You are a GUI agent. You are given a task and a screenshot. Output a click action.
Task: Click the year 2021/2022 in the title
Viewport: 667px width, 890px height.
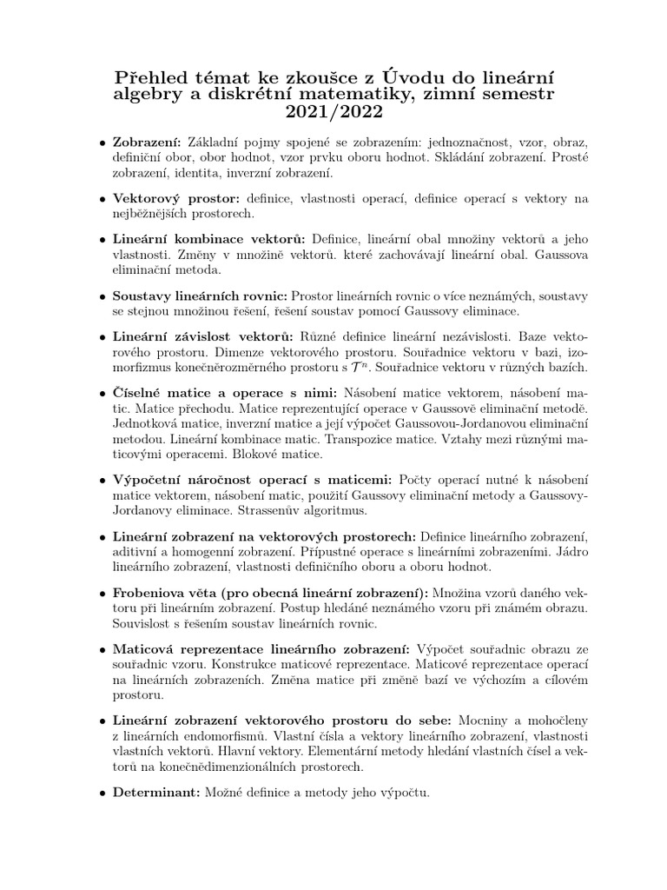tap(333, 113)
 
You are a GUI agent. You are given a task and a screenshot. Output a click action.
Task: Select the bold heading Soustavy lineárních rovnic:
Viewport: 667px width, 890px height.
tap(201, 296)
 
